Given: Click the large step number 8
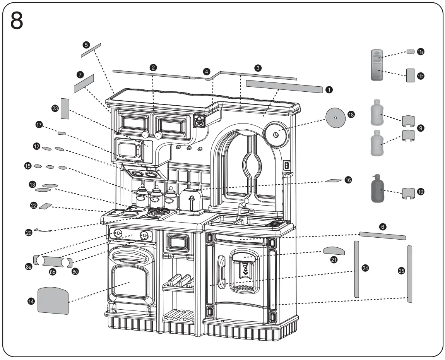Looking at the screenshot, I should (16, 21).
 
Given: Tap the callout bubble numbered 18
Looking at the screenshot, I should (351, 115).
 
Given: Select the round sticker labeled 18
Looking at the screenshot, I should (335, 117).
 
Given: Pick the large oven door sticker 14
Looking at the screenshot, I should (53, 300).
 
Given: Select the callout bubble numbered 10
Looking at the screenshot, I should (421, 191).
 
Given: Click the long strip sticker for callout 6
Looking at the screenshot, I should (382, 235).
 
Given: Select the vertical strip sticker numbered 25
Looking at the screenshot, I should (409, 273).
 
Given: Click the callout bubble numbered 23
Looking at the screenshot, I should (55, 109).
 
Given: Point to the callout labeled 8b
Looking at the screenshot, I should (53, 272).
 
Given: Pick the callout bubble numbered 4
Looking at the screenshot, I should (207, 72).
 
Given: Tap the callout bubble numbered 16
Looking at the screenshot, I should (348, 180).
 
